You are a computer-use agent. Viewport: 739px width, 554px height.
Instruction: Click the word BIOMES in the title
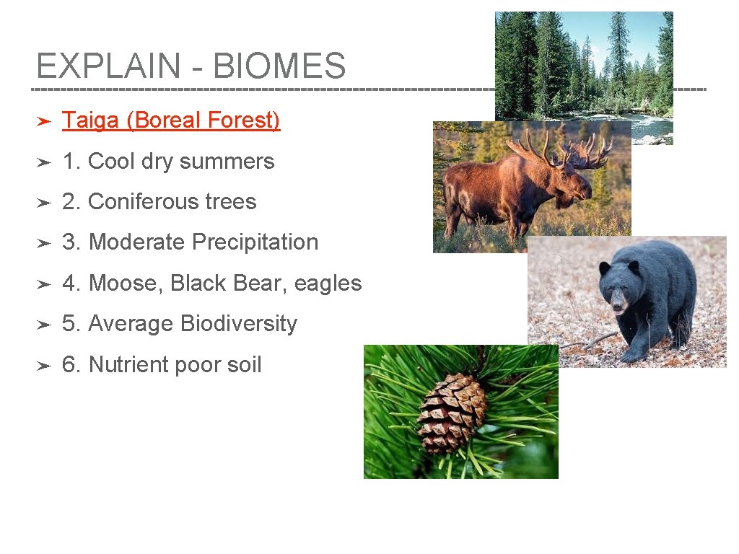pos(279,66)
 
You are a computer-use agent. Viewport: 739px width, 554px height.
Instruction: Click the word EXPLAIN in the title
pos(108,66)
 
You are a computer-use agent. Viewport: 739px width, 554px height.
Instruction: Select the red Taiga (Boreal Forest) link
pos(171,120)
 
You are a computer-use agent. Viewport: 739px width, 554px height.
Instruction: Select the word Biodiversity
pos(239,324)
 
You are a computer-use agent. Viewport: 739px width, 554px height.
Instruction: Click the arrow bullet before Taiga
pos(43,121)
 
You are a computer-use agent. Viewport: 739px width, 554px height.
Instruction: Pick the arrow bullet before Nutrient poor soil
pos(43,366)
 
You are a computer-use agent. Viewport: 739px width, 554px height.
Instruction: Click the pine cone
pos(450,413)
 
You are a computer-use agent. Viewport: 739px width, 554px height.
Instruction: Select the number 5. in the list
pos(71,324)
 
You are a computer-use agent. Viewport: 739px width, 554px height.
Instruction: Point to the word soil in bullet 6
pos(244,365)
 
